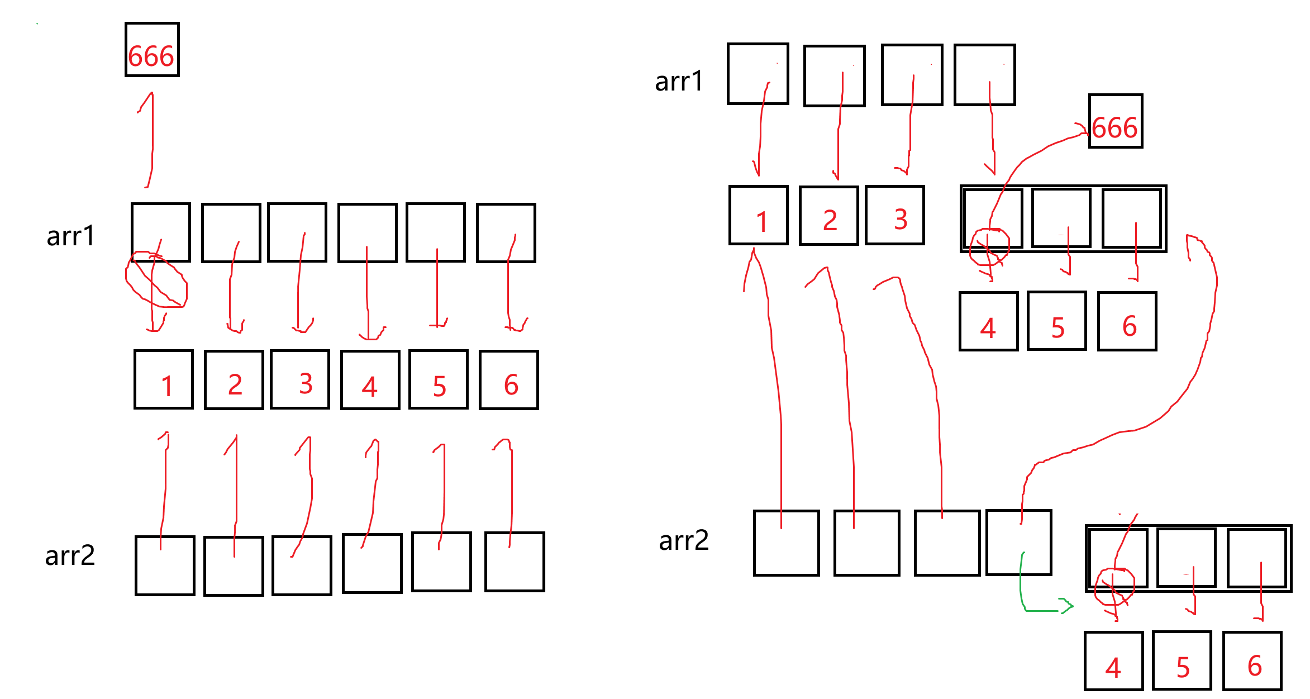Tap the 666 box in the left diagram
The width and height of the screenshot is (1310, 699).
[152, 50]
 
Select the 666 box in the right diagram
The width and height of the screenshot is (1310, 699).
[1116, 121]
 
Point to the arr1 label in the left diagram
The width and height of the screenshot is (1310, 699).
[71, 236]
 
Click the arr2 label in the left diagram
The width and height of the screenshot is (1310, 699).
[70, 555]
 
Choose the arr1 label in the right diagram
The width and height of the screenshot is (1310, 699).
[679, 82]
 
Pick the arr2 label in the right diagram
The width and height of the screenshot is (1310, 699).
[684, 540]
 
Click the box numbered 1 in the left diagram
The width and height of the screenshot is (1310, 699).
[164, 379]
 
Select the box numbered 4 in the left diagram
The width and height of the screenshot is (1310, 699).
[370, 380]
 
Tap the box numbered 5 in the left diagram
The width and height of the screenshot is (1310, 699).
[439, 379]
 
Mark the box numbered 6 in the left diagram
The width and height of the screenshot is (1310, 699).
[508, 380]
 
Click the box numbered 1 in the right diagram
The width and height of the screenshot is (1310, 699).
[759, 216]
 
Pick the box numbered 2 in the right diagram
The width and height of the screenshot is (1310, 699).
[829, 216]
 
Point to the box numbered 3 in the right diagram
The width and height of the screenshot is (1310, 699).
[895, 215]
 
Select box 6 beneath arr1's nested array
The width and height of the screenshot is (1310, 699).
[1127, 321]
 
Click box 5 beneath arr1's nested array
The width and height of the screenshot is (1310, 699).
[1057, 321]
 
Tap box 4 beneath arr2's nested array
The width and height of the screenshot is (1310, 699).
[1114, 661]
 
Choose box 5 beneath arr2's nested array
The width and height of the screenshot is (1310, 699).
[1182, 661]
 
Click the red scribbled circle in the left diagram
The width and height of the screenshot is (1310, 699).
[156, 279]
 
